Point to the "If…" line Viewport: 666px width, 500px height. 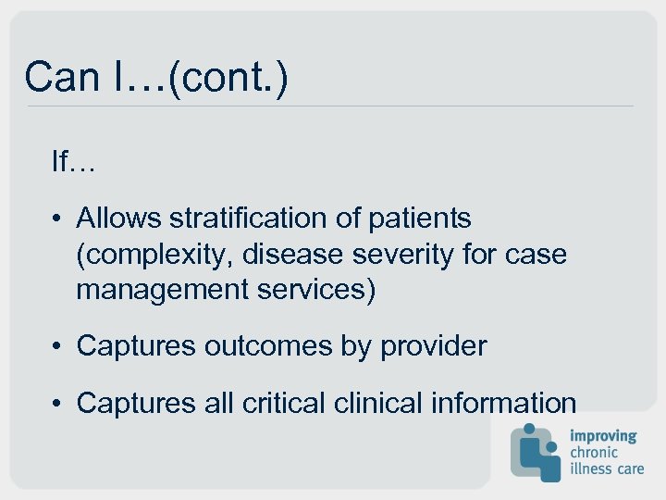(x=74, y=163)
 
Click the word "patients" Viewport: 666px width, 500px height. (x=420, y=219)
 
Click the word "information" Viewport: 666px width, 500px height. (x=504, y=403)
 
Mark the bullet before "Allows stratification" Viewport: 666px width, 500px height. (x=57, y=219)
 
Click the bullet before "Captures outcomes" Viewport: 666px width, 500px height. (x=57, y=346)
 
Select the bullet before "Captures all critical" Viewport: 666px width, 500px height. (x=57, y=403)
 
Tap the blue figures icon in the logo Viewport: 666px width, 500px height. (x=536, y=452)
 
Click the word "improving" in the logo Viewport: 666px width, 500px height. (x=603, y=435)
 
